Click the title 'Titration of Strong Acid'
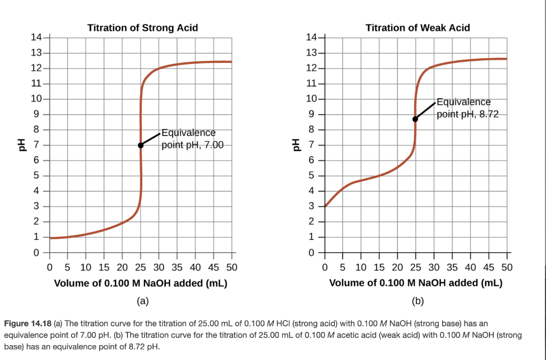click(142, 28)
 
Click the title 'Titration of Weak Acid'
click(417, 28)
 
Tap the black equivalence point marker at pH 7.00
click(141, 145)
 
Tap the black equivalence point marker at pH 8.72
click(415, 119)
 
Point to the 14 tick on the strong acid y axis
click(36, 38)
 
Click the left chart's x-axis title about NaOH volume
click(141, 283)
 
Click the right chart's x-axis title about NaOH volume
click(416, 283)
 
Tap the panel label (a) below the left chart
click(141, 301)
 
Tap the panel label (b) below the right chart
click(417, 301)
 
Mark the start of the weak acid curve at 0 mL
click(325, 206)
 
